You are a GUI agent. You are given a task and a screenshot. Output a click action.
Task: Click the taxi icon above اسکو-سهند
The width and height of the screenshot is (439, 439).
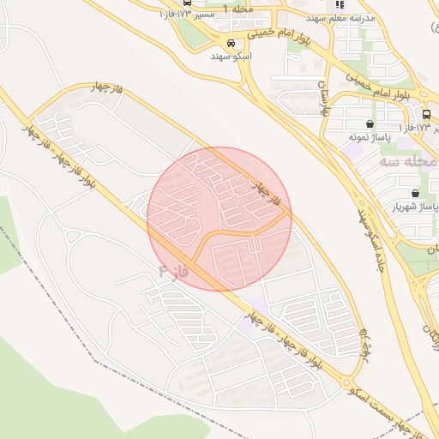coord(230,42)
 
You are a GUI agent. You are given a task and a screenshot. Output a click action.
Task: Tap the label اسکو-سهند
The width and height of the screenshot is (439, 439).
coord(231,55)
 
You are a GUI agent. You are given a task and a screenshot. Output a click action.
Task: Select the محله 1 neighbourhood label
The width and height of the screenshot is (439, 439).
coord(238,9)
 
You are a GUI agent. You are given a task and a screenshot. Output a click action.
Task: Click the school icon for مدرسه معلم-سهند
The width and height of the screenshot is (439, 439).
coord(339,8)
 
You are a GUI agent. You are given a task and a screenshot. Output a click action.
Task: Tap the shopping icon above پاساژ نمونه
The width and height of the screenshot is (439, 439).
coord(370,123)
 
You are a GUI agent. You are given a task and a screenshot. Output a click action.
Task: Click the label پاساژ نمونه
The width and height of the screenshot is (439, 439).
coord(370,136)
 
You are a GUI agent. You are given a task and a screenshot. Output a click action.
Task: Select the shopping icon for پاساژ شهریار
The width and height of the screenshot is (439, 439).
coord(415,194)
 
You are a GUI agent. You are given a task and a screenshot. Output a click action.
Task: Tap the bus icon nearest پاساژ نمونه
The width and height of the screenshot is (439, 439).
coord(426,114)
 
